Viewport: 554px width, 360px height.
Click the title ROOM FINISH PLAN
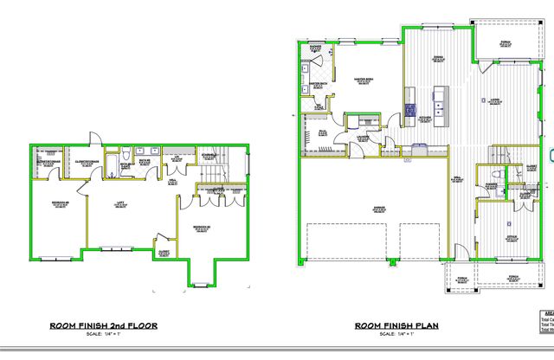pyautogui.click(x=397, y=326)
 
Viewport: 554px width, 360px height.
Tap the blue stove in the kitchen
pyautogui.click(x=409, y=110)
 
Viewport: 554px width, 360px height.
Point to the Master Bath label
pyautogui.click(x=317, y=84)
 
